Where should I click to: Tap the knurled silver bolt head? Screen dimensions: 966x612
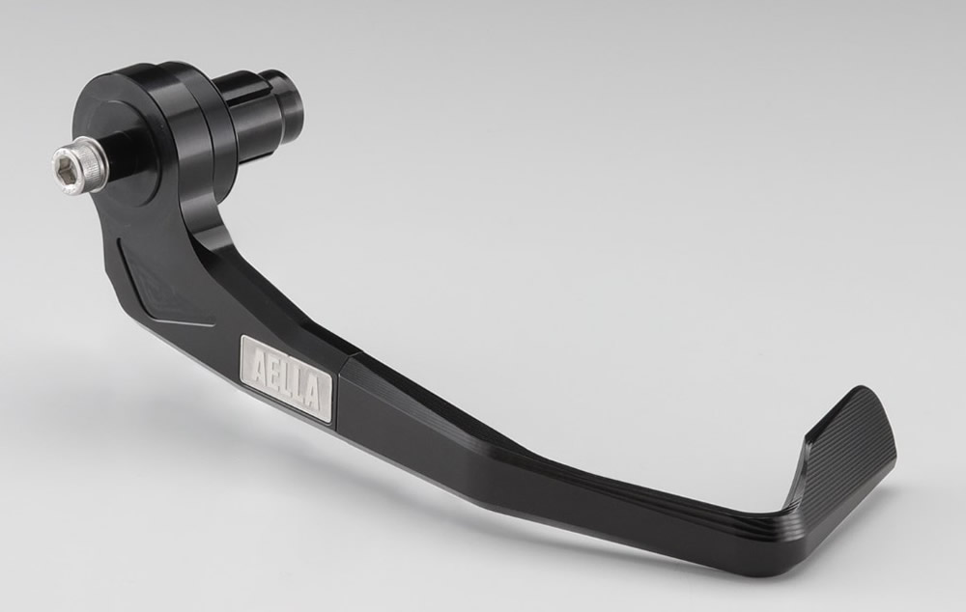coord(76,168)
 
